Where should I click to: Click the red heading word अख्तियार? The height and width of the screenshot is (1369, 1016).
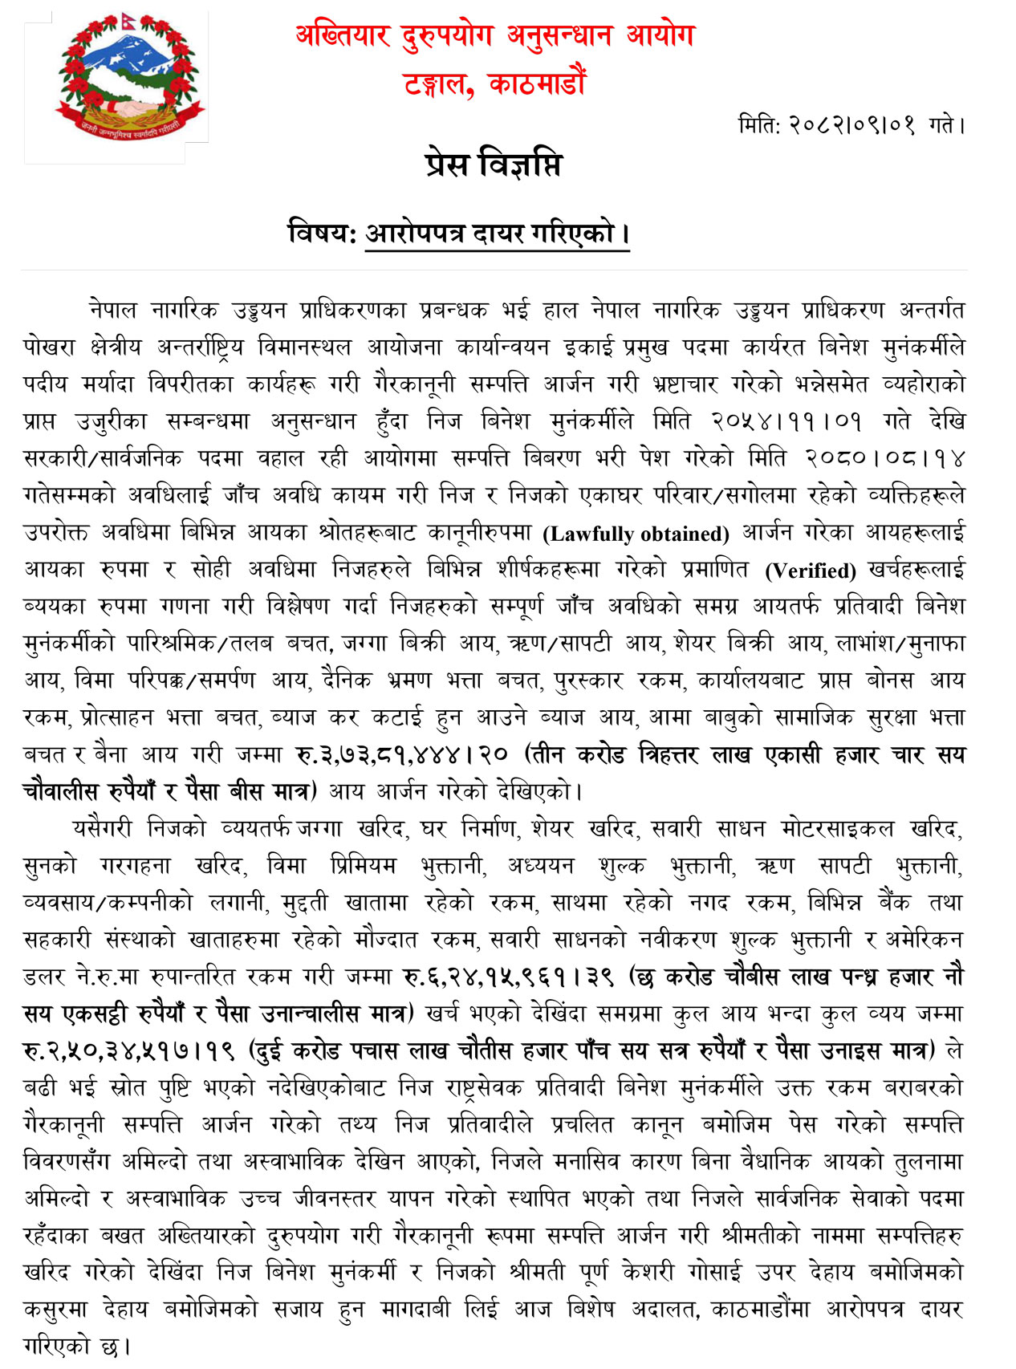343,36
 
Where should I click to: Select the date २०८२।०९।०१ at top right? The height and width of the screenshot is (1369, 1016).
851,125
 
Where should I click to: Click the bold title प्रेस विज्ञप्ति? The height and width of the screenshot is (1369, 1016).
494,165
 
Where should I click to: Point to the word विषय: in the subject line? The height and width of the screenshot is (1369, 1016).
322,234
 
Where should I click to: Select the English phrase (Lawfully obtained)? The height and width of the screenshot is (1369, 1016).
636,534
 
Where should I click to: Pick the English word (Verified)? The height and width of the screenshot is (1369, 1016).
811,571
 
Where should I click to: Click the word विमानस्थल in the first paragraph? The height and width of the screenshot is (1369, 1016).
305,347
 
